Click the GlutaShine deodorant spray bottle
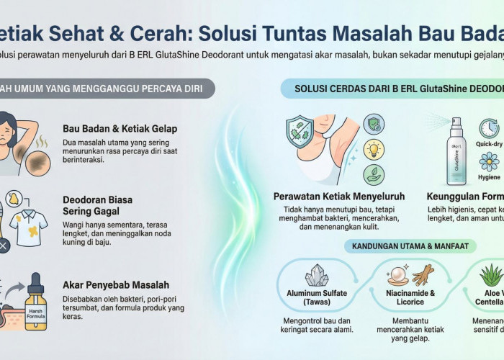[456, 152]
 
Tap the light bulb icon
[373, 149]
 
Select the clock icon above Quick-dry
[489, 128]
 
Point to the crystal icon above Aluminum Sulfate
[316, 276]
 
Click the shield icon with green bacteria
[303, 135]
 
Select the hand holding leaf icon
[373, 175]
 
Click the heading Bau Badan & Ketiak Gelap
[120, 129]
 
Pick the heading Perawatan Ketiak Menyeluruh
[338, 196]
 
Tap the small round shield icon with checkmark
[373, 123]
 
